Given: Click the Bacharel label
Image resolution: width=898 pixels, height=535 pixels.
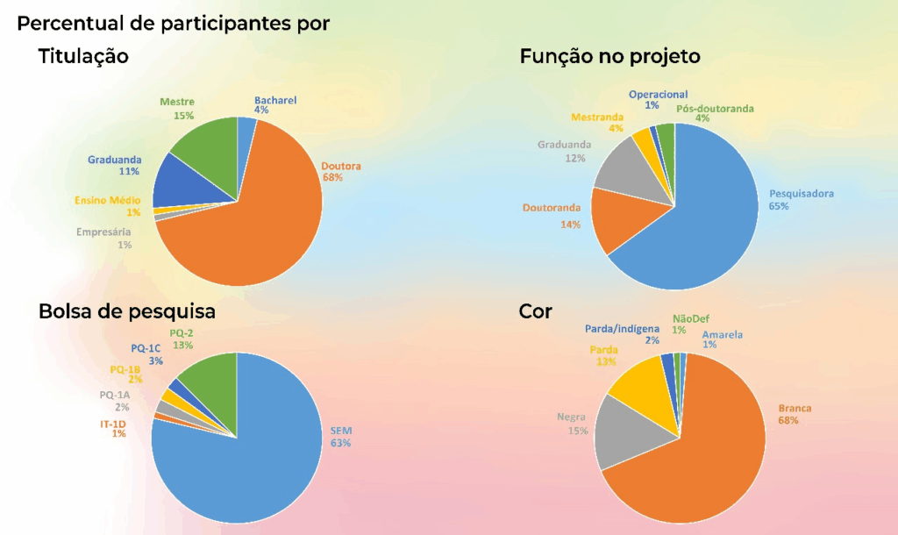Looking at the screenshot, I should pyautogui.click(x=275, y=100).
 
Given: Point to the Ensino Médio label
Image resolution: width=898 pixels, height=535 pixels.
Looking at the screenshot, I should pyautogui.click(x=108, y=201).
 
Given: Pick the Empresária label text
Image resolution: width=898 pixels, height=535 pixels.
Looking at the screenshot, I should pyautogui.click(x=103, y=232).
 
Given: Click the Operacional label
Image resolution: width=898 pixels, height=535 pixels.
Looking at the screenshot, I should pyautogui.click(x=658, y=95).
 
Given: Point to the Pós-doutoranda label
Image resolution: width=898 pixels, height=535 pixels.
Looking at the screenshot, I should pyautogui.click(x=715, y=109).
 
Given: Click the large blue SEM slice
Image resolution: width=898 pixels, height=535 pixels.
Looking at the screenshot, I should pyautogui.click(x=246, y=447).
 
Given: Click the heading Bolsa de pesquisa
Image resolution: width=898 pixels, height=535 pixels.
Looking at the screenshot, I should pyautogui.click(x=127, y=311).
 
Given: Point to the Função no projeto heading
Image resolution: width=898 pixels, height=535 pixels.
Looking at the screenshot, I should pyautogui.click(x=609, y=57).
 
